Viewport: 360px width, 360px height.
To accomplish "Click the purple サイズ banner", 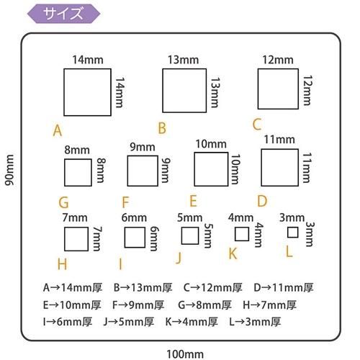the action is (x=63, y=14).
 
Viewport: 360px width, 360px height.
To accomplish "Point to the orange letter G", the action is (x=63, y=202).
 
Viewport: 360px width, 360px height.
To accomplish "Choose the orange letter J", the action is (x=179, y=258).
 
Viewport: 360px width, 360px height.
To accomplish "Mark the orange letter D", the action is (x=262, y=201).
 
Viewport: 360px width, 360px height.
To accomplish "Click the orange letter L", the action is (x=289, y=252).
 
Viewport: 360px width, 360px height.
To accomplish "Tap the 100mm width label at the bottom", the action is (x=185, y=354).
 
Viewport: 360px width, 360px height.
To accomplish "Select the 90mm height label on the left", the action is (x=9, y=170).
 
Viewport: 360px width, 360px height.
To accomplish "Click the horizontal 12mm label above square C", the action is (x=278, y=60).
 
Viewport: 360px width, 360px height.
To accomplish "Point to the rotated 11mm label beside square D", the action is (x=306, y=168).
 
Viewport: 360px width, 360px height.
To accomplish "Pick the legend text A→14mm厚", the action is (x=73, y=287).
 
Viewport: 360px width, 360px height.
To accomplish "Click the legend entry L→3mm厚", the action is (x=255, y=322).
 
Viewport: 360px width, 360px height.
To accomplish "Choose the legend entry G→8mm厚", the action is (x=204, y=305).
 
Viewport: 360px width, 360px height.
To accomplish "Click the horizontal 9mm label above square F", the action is (x=143, y=147).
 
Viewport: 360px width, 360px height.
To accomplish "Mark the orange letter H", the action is (x=62, y=264).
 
